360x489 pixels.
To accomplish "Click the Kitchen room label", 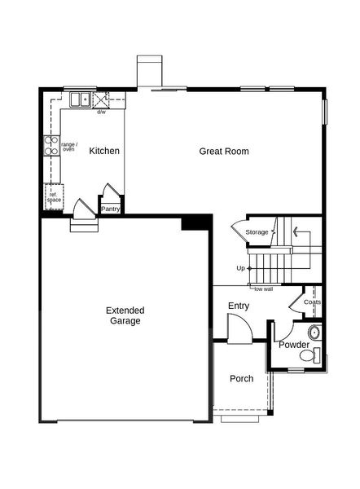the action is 104,151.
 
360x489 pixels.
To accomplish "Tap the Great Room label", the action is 224,152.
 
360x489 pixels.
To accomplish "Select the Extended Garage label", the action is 125,315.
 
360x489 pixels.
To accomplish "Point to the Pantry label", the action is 110,209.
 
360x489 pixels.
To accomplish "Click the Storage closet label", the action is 257,232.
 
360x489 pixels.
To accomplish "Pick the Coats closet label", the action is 312,302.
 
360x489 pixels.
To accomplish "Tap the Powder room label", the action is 293,345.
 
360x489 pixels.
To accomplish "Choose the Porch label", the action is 241,379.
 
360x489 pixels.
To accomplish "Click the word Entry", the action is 239,306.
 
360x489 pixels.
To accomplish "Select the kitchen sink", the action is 80,99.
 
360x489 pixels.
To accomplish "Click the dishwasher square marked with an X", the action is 100,99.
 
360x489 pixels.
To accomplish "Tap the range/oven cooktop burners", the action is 51,146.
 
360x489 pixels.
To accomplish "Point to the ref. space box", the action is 55,196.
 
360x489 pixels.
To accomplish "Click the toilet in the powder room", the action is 310,355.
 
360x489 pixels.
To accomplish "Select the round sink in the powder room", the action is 314,333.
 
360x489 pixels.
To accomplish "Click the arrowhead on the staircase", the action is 296,231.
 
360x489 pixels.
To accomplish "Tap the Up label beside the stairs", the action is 240,268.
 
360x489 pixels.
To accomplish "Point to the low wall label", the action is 264,289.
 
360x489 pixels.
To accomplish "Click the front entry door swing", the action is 239,328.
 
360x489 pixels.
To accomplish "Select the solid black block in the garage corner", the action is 195,223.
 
